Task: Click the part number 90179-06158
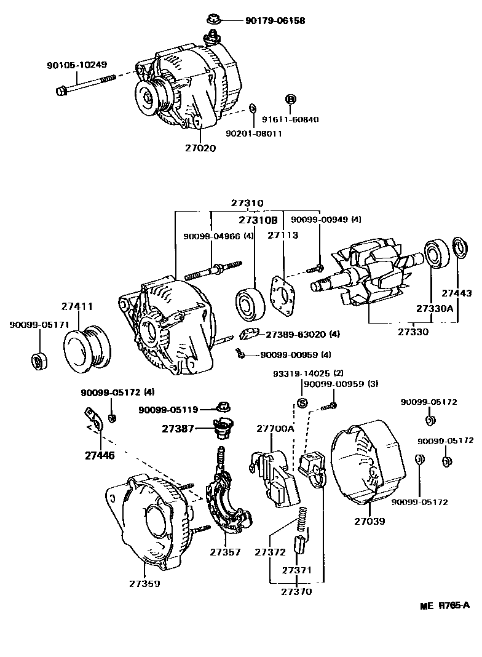click(x=275, y=20)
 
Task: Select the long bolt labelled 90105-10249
click(x=86, y=85)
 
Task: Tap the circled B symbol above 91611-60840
click(x=291, y=99)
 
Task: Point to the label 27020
click(x=200, y=148)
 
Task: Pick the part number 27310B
click(x=258, y=220)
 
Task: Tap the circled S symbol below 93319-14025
click(x=302, y=403)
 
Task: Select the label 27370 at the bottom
click(x=296, y=592)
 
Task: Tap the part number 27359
click(x=144, y=583)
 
